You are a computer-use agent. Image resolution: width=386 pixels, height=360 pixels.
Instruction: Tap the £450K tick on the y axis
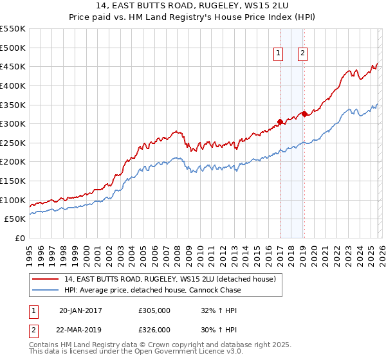[14, 66]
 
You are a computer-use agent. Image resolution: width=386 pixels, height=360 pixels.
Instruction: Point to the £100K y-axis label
[14, 200]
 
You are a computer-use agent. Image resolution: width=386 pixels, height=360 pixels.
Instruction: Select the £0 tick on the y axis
[20, 238]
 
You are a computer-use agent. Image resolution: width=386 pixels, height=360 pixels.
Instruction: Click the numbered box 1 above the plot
[279, 54]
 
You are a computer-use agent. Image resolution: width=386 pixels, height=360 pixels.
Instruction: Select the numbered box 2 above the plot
[302, 54]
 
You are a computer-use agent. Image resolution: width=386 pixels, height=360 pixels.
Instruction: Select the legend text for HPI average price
[152, 290]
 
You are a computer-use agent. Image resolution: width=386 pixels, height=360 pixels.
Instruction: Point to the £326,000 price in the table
[154, 329]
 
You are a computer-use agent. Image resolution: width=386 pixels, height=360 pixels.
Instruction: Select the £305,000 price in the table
[154, 310]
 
